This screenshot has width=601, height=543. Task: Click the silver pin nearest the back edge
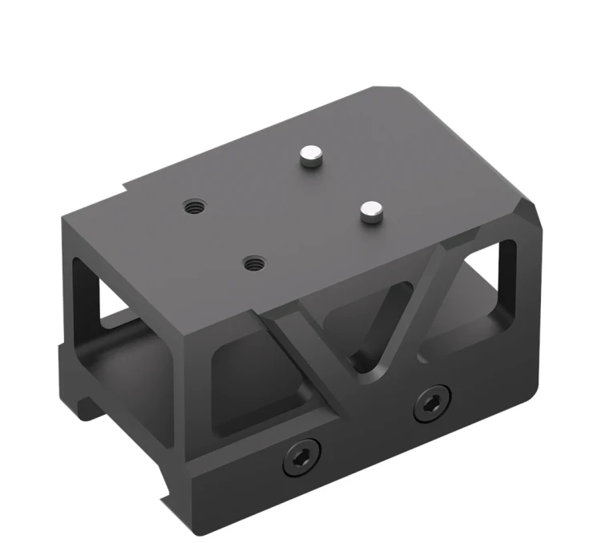point(310,156)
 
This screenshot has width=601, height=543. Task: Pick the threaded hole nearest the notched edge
point(192,207)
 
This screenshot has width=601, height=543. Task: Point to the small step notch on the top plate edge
point(127,191)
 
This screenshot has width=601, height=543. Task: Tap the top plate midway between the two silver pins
point(341,183)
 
